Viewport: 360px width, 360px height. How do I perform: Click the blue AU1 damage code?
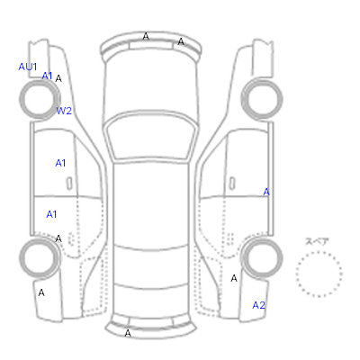(x=28, y=67)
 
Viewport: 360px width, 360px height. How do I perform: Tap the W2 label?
(x=64, y=111)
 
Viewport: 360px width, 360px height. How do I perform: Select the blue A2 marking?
(x=258, y=305)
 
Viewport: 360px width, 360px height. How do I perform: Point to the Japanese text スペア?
(x=317, y=241)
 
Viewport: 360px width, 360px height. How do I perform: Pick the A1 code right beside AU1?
(x=47, y=76)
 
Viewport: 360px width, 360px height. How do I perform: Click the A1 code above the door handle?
(x=60, y=163)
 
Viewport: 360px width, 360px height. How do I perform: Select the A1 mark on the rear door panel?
(x=51, y=214)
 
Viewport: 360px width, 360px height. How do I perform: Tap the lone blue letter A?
(x=266, y=192)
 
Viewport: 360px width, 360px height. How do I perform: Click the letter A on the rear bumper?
(x=128, y=333)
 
